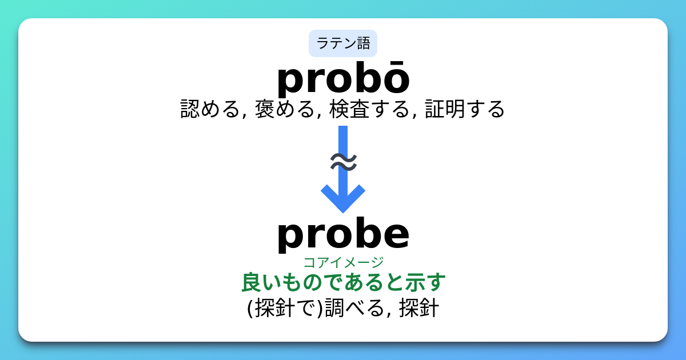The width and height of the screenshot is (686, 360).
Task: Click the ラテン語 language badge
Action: pyautogui.click(x=343, y=43)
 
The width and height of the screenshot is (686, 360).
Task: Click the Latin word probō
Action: pyautogui.click(x=343, y=80)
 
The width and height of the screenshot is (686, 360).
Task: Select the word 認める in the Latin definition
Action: pyautogui.click(x=209, y=109)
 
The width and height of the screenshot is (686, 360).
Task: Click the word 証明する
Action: pyautogui.click(x=465, y=109)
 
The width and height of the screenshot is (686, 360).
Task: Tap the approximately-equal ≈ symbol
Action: pyautogui.click(x=343, y=162)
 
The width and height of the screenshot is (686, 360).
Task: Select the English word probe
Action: pyautogui.click(x=343, y=234)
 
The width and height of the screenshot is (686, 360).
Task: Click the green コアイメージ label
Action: pyautogui.click(x=343, y=262)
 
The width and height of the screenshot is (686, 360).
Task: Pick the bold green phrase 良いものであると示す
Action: pyautogui.click(x=343, y=282)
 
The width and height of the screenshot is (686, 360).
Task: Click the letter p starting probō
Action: pyautogui.click(x=292, y=83)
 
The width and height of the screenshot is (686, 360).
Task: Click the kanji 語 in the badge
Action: pyautogui.click(x=363, y=43)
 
